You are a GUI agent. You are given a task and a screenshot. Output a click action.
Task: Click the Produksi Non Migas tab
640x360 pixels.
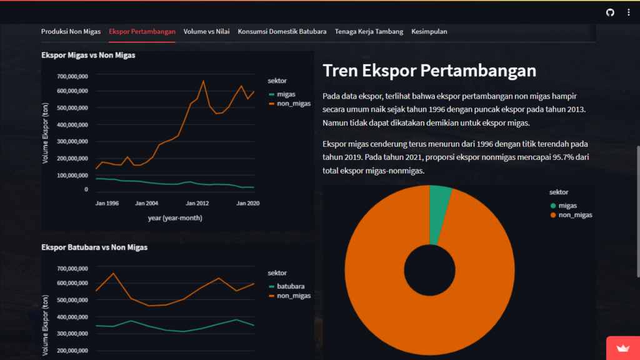coord(71,31)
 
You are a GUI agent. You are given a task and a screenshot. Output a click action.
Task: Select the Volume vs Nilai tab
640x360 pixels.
coord(206,31)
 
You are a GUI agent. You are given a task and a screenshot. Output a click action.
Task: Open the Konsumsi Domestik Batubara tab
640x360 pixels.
coord(282,31)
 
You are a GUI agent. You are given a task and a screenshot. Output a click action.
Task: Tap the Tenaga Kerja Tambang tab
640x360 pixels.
coord(369,31)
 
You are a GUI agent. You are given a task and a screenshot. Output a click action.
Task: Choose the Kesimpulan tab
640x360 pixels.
coord(429,31)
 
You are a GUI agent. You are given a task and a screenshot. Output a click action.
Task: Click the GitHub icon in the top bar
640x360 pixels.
coord(611,12)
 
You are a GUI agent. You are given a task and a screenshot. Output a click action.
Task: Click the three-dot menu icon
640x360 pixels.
coord(629,12)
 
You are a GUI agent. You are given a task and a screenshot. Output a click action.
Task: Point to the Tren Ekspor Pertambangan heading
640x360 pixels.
coord(429,71)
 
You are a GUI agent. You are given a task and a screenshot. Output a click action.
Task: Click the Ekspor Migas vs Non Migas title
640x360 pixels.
coord(88,55)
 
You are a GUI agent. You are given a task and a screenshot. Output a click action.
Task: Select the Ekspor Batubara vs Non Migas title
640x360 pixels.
coord(94,247)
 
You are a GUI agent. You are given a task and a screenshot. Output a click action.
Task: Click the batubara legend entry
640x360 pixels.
coord(291,286)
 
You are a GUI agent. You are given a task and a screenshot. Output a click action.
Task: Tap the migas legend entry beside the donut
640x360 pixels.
coord(567,206)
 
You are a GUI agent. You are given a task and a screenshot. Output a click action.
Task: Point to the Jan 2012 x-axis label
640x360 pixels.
coord(198,203)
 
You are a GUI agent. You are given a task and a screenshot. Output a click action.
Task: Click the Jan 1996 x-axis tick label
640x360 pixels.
coord(107,203)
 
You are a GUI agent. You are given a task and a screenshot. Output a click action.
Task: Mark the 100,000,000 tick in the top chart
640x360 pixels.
coord(72,176)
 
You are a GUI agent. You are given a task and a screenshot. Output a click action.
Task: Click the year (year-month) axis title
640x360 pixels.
coord(174,218)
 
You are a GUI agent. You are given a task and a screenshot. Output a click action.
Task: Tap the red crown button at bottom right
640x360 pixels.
coord(622,349)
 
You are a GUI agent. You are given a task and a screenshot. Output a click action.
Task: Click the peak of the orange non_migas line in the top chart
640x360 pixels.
coord(203,81)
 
